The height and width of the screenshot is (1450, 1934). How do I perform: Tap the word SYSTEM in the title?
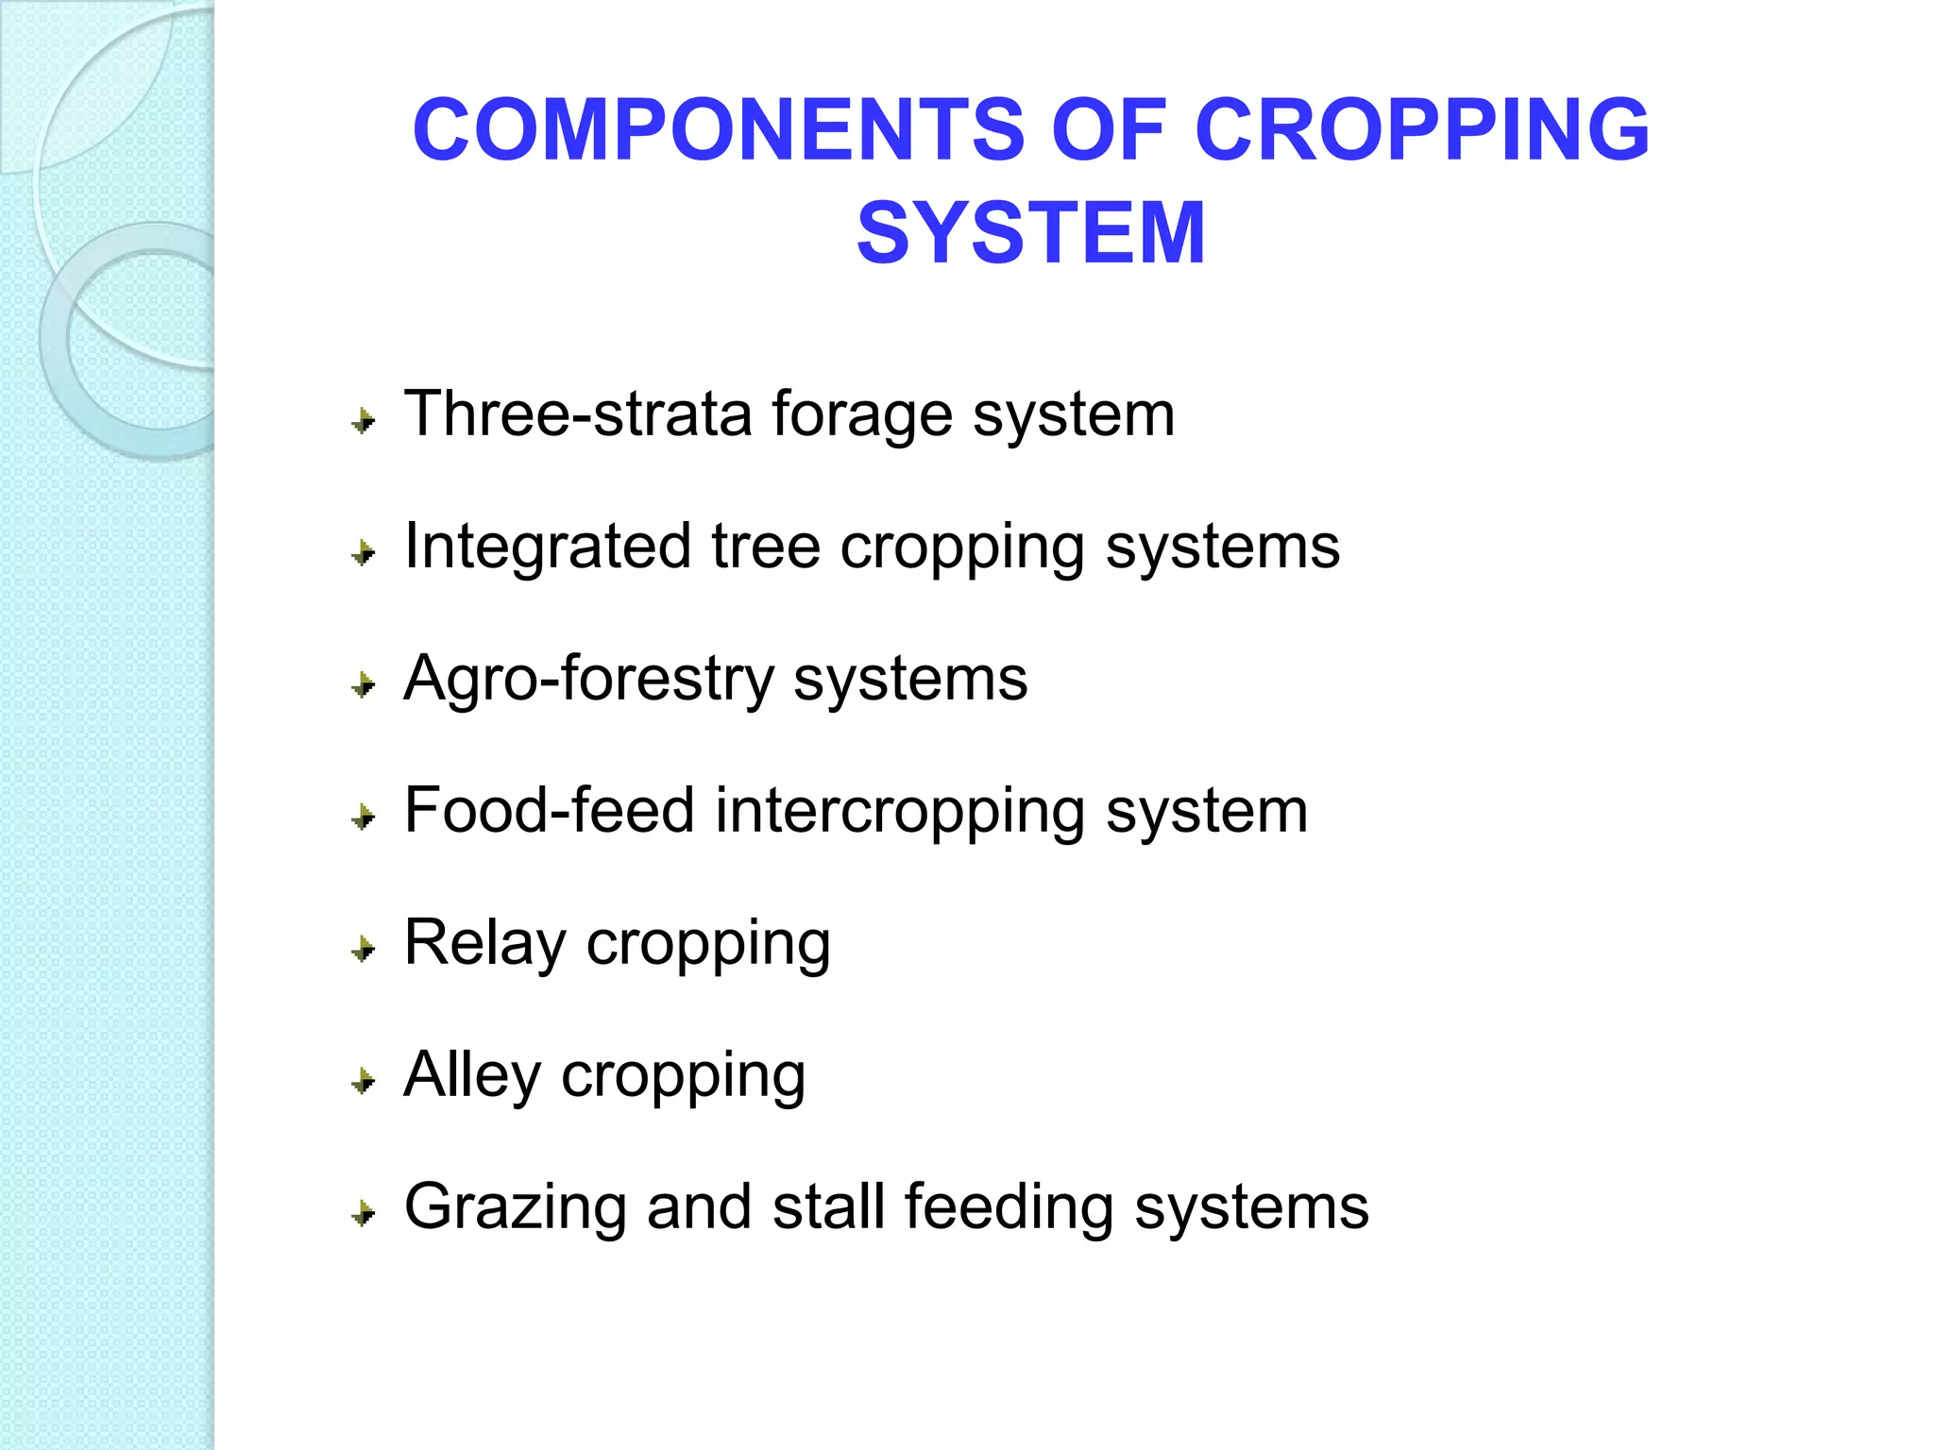click(1030, 232)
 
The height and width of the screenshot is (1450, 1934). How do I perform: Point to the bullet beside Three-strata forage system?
click(364, 420)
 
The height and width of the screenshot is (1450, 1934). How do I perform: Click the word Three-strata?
click(577, 414)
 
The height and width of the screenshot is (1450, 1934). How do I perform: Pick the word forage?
click(862, 416)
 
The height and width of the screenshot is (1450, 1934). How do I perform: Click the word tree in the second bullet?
click(765, 547)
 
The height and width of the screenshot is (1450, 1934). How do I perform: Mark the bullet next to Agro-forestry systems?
click(364, 684)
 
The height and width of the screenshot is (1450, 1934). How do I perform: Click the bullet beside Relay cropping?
click(364, 949)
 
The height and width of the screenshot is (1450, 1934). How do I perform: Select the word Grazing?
click(515, 1208)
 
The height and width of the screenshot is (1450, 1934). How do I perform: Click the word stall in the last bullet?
click(828, 1207)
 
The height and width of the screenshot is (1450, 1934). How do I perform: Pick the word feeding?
click(1009, 1208)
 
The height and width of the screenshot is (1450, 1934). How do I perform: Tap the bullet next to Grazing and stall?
click(364, 1213)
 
